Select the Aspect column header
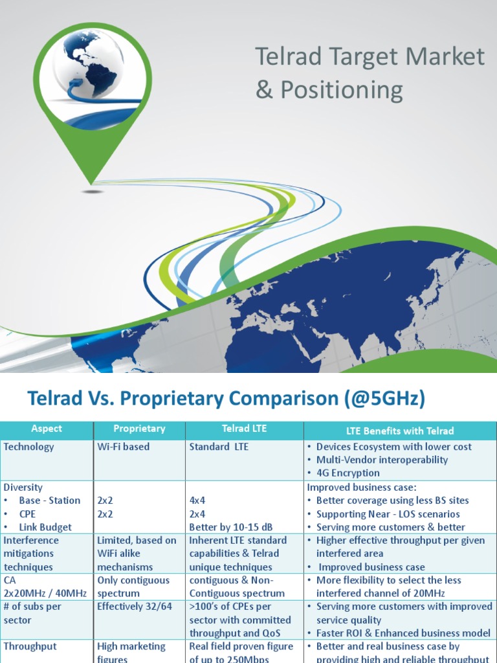tap(47, 429)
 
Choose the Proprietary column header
tap(139, 429)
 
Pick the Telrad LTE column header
tap(244, 429)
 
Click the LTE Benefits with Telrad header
tap(399, 431)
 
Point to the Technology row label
tap(29, 447)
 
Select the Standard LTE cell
tap(219, 447)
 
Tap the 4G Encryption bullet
tap(348, 473)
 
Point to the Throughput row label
tap(30, 646)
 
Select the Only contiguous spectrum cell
tap(133, 587)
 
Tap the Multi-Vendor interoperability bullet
tap(382, 460)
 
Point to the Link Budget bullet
tap(45, 527)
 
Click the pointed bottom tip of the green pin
tap(93, 183)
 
